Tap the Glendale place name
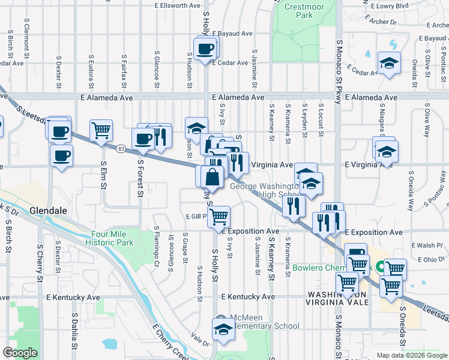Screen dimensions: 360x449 pyautogui.click(x=47, y=211)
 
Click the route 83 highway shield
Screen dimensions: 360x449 pyautogui.click(x=121, y=148)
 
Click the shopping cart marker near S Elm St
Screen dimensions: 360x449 pyautogui.click(x=101, y=130)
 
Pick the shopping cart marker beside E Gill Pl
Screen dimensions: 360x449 pyautogui.click(x=219, y=215)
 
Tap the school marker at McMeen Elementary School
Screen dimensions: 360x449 pyautogui.click(x=223, y=329)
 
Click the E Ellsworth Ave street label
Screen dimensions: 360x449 pyautogui.click(x=175, y=5)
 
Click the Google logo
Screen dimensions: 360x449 pyautogui.click(x=20, y=353)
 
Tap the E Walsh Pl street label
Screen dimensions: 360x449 pyautogui.click(x=427, y=245)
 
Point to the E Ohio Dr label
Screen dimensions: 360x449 pyautogui.click(x=427, y=260)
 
